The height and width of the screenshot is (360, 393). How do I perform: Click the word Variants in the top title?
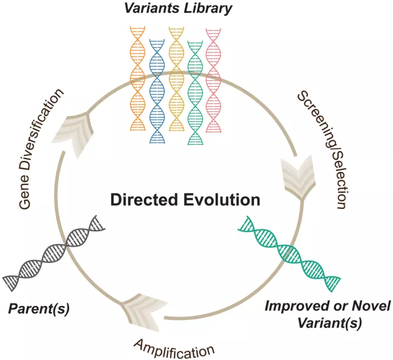pyautogui.click(x=151, y=8)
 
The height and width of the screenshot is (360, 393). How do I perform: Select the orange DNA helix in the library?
pyautogui.click(x=138, y=78)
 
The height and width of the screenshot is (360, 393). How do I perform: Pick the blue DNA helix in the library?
pyautogui.click(x=157, y=91)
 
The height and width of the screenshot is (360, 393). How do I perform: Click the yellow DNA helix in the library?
pyautogui.click(x=176, y=79)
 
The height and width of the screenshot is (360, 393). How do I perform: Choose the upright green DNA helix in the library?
pyautogui.click(x=195, y=93)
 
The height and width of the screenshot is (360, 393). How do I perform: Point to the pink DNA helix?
pyautogui.click(x=213, y=80)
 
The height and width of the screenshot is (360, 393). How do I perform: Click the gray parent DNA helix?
pyautogui.click(x=54, y=253)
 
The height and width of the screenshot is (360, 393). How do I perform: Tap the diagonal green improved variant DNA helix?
pyautogui.click(x=289, y=254)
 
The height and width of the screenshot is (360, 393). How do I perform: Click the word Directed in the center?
pyautogui.click(x=144, y=200)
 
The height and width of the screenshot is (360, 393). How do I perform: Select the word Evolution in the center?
pyautogui.click(x=222, y=200)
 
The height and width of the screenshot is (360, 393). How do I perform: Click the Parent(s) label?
pyautogui.click(x=39, y=309)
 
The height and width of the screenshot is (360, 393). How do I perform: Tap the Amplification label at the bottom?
pyautogui.click(x=174, y=349)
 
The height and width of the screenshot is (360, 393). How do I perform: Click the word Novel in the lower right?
pyautogui.click(x=371, y=306)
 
